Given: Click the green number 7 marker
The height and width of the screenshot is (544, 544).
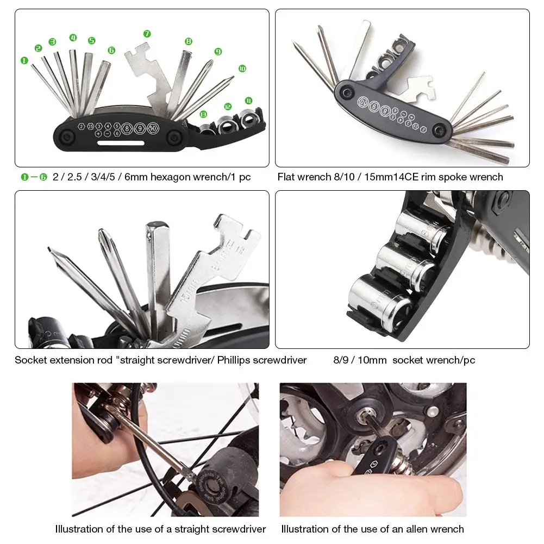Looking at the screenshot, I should [147, 34].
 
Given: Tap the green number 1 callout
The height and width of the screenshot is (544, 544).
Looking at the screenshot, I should [24, 60].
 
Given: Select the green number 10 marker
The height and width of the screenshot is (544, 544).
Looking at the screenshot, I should [242, 68].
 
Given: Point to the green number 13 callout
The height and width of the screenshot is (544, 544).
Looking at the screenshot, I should [203, 114].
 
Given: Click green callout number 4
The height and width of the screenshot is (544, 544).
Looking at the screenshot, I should [73, 38].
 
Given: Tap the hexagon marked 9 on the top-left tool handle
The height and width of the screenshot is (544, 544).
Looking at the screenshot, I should [140, 128].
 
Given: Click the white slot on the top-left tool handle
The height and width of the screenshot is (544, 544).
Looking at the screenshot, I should [121, 143].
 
